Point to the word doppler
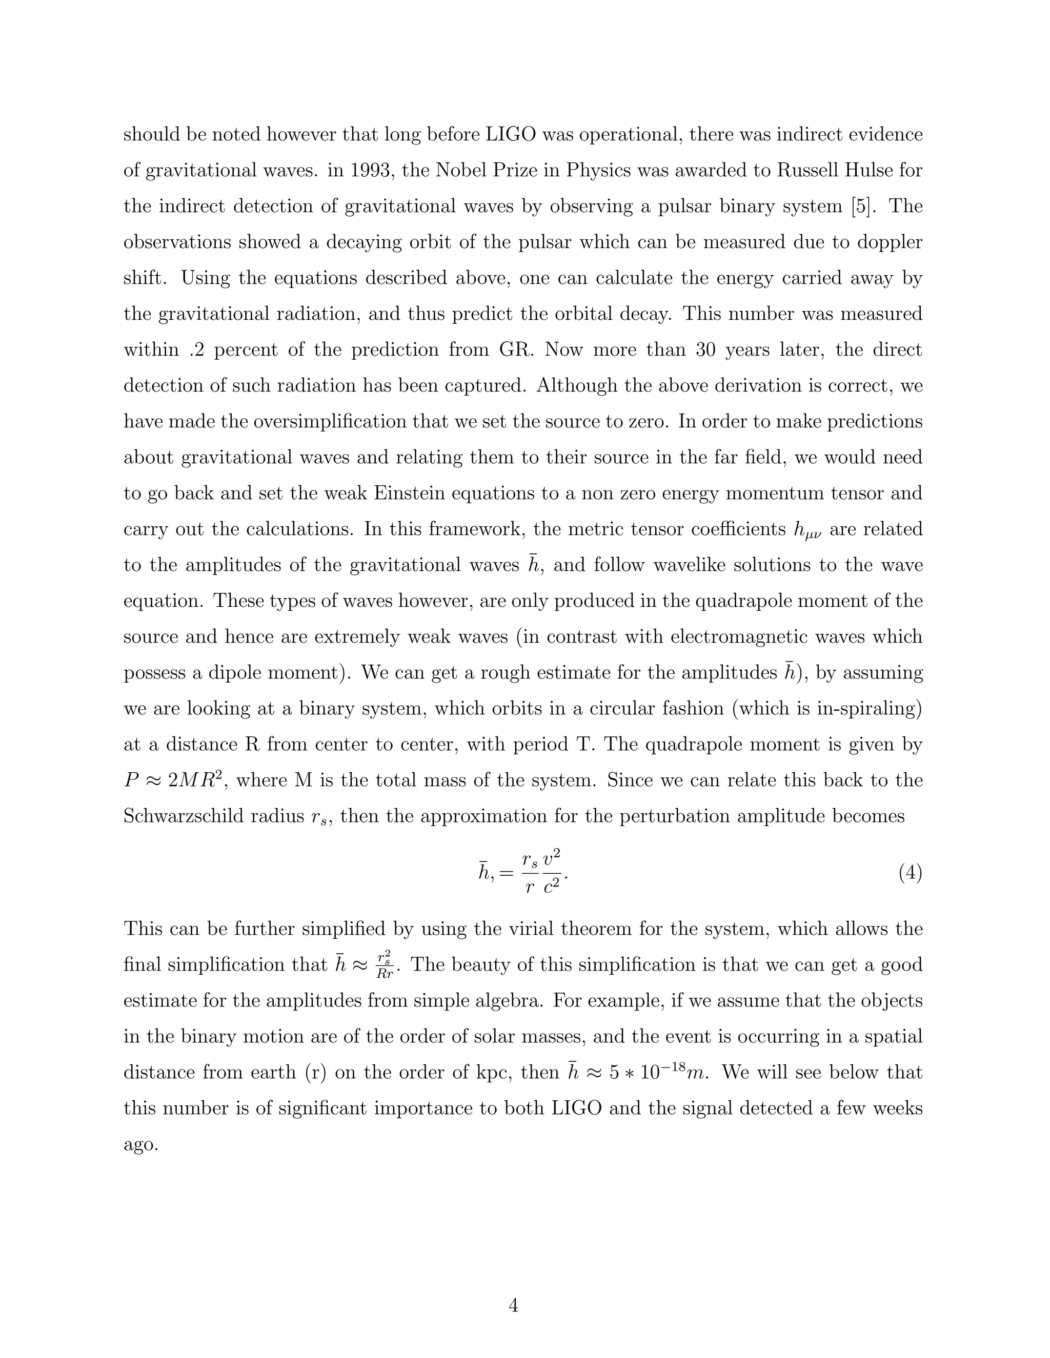[890, 242]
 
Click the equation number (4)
[910, 873]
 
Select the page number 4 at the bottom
[513, 1305]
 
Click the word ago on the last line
[140, 1145]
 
